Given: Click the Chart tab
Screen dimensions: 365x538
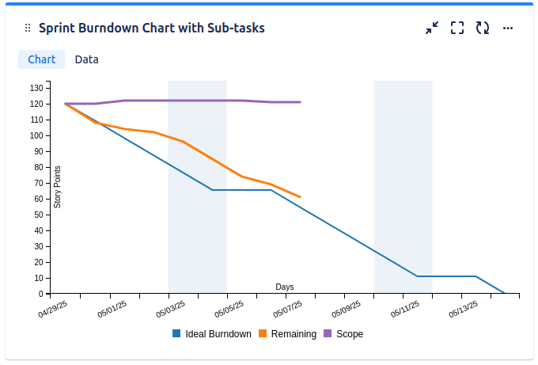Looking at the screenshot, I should click(41, 59).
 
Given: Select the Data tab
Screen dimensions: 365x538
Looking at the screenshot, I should click(86, 59).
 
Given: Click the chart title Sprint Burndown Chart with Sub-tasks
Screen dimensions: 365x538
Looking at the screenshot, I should click(151, 29).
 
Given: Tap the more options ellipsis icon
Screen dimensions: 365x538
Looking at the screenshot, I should click(508, 29).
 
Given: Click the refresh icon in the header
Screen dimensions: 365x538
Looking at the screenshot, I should click(483, 29).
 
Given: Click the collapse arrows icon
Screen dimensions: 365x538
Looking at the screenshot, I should click(432, 29).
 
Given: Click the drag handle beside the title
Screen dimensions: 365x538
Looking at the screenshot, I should click(28, 29).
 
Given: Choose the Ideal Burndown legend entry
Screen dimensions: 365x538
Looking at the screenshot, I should click(211, 334).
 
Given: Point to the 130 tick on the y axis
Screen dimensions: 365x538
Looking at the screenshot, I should click(36, 88).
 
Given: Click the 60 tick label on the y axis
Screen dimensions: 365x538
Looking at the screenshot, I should click(38, 199).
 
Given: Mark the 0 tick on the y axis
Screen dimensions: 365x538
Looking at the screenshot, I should click(40, 294).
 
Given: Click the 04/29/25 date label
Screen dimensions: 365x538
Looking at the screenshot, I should click(54, 310).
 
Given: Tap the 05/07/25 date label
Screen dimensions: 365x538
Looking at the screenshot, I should click(288, 310).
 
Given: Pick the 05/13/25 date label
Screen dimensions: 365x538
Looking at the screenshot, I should click(464, 310).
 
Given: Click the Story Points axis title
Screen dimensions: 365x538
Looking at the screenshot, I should click(58, 187).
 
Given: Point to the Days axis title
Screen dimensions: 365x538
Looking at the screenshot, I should click(285, 287).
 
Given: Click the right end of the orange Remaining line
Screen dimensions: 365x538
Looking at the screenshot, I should click(301, 196).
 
